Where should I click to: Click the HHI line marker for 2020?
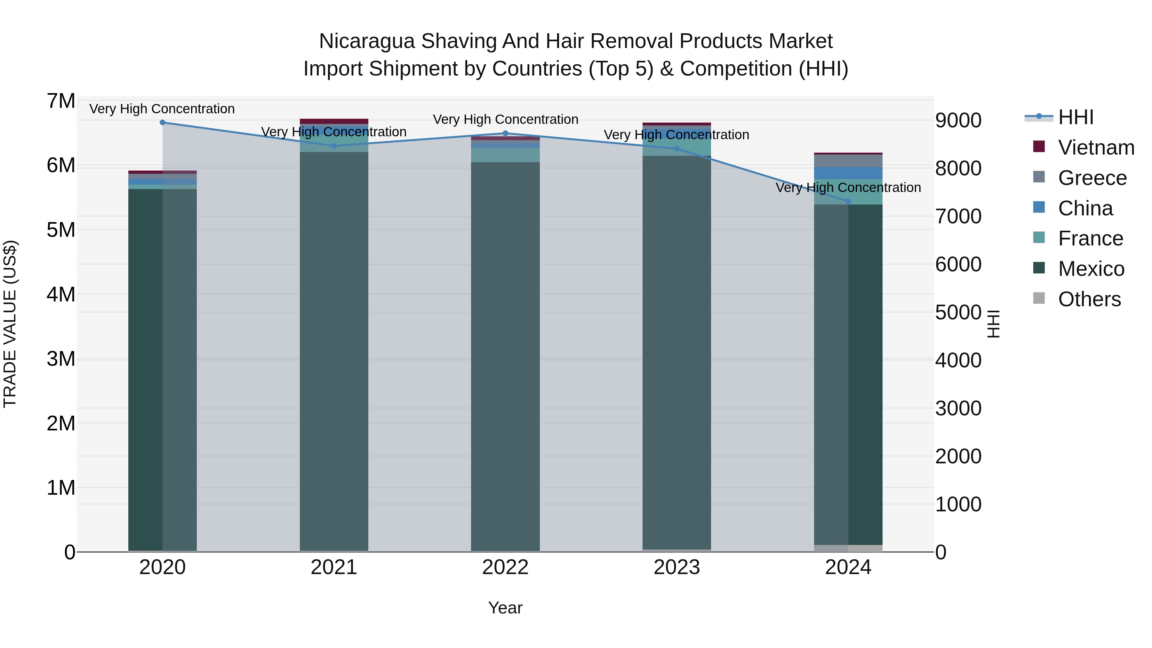[x=162, y=123]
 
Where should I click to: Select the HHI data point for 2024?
[x=848, y=201]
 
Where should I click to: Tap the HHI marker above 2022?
[x=505, y=133]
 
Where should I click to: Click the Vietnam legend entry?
[x=1096, y=148]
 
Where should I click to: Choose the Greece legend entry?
[x=1092, y=178]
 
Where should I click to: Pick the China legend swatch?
[x=1039, y=207]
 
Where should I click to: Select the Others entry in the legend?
[x=1089, y=299]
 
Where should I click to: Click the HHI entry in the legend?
[x=1076, y=117]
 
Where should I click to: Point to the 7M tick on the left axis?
[x=61, y=101]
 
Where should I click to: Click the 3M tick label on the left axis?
[x=61, y=359]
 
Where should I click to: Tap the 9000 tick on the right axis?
[x=958, y=121]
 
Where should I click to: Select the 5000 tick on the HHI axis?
[x=958, y=313]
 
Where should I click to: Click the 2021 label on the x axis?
[x=334, y=567]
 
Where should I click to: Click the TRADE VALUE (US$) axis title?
[x=10, y=324]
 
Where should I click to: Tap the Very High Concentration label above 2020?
[x=162, y=109]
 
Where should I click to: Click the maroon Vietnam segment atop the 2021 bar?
[x=334, y=121]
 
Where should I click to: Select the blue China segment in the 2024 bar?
[x=848, y=173]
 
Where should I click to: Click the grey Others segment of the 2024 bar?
[x=848, y=548]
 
